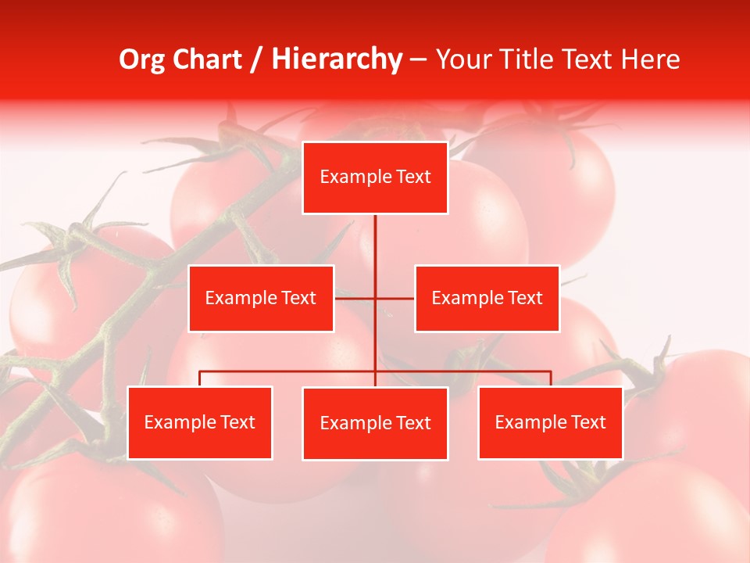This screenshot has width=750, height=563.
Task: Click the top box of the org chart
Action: [x=375, y=178]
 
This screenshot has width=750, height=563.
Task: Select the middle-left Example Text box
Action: [x=261, y=298]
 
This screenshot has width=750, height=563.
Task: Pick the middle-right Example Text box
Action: [x=487, y=298]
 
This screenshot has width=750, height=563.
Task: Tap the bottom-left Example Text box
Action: [x=200, y=422]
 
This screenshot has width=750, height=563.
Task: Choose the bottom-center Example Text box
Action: [x=375, y=423]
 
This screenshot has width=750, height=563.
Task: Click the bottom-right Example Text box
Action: [x=550, y=422]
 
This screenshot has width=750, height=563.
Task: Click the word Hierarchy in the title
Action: [x=336, y=59]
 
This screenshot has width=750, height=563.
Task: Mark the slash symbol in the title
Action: [x=255, y=59]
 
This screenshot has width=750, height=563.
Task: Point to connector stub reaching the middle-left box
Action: [x=354, y=298]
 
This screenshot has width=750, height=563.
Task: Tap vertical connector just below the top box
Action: [x=375, y=235]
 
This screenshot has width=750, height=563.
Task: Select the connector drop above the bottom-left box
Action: [x=200, y=378]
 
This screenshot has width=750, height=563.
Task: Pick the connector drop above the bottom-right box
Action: [x=550, y=378]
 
